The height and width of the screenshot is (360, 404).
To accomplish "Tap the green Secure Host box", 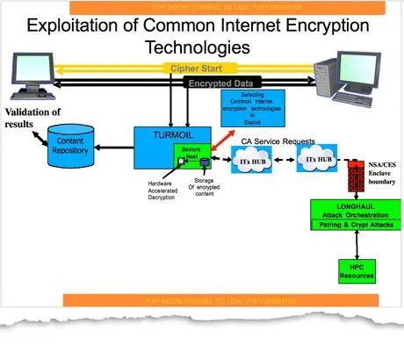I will coord(191,155).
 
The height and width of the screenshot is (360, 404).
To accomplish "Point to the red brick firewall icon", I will coord(356,175).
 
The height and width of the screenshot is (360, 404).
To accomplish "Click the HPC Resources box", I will coord(357,271).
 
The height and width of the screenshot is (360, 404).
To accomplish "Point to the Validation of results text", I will coord(32,118).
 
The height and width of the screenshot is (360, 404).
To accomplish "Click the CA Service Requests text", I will coord(267,140).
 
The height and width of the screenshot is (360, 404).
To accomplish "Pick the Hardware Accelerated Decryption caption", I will coord(160,191).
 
